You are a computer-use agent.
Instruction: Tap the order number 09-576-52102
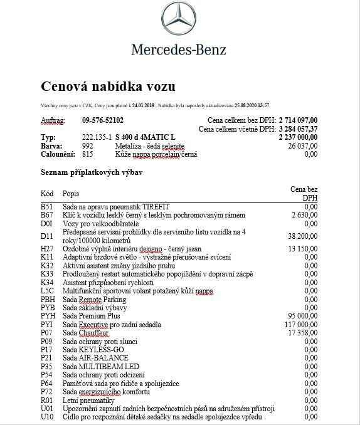tap(103, 120)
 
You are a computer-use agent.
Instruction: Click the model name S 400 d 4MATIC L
tap(146, 137)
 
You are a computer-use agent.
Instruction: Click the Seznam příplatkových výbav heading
tap(100, 172)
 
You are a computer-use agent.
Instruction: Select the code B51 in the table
tap(47, 206)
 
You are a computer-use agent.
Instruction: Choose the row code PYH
tap(48, 316)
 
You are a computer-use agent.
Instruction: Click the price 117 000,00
tap(300, 325)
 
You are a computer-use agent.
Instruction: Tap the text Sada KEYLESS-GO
tap(93, 350)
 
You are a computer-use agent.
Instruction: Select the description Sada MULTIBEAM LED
tap(100, 366)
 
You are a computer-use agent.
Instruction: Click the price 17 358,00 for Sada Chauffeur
tap(302, 333)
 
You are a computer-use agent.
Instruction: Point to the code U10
tap(47, 417)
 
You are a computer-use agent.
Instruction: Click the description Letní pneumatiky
tap(90, 400)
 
